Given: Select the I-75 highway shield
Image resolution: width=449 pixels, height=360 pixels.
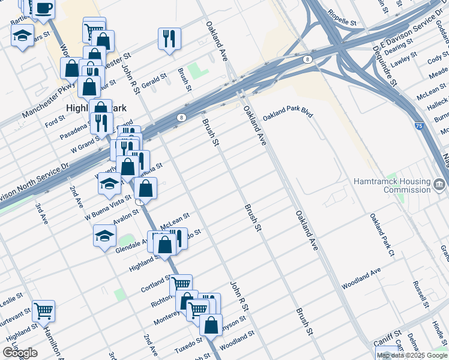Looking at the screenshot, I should (419, 127).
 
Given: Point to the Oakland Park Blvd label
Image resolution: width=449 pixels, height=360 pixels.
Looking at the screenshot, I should (288, 113).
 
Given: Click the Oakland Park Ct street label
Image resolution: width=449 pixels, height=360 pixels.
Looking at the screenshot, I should (381, 233).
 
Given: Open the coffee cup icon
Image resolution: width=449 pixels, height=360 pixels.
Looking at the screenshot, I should (43, 8).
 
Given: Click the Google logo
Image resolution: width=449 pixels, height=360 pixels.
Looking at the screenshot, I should (20, 353).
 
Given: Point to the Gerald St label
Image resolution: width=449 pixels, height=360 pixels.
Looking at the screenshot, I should (154, 79).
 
